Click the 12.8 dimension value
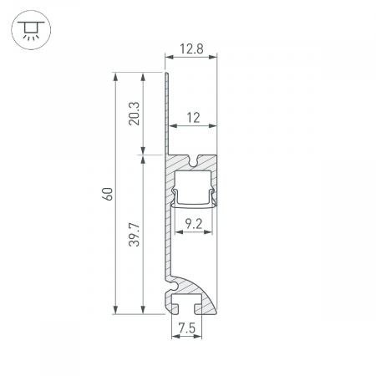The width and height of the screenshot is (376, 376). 191,48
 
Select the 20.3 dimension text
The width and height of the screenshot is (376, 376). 134,114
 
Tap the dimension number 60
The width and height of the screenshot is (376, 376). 108,194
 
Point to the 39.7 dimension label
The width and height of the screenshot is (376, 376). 134,234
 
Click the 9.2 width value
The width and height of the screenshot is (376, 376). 194,224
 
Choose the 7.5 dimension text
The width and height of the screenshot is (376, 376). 187,328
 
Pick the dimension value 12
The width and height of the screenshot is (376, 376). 193,118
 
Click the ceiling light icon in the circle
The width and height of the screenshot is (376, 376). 31,30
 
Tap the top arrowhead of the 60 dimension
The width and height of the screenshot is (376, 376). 115,77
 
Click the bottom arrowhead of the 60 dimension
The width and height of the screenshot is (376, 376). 115,310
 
